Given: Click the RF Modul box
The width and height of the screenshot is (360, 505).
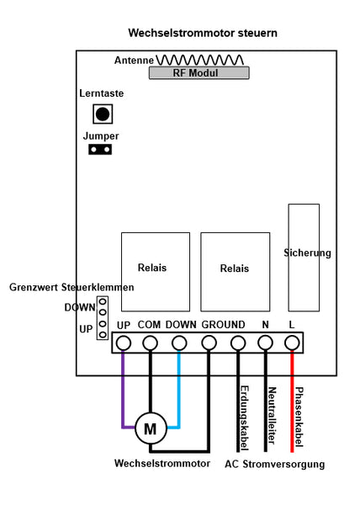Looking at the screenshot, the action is [x=199, y=72].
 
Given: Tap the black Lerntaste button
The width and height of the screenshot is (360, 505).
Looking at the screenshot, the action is [x=103, y=114].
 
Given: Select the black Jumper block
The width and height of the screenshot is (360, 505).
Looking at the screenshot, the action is [x=100, y=150].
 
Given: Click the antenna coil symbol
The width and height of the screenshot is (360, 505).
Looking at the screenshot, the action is [x=200, y=60].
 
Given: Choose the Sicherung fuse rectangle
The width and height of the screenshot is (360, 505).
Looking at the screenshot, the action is [x=304, y=258].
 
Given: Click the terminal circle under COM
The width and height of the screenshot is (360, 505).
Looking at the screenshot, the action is [x=150, y=343].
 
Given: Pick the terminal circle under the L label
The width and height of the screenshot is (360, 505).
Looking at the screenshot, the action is [x=292, y=343].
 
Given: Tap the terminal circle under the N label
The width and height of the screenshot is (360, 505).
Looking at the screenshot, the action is [x=266, y=343].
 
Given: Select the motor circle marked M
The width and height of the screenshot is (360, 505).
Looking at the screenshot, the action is [x=151, y=428].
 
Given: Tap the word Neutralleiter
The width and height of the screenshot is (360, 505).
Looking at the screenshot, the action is [x=273, y=416].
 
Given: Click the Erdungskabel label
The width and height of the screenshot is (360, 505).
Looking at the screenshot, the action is [x=245, y=418].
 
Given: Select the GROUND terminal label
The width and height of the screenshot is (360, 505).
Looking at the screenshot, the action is [x=223, y=325].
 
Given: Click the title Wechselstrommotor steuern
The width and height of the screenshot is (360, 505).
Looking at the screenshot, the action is [x=203, y=33].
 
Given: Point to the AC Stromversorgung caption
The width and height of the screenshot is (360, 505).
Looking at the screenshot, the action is [x=275, y=464].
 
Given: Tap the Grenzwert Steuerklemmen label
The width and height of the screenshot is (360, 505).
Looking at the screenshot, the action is [x=71, y=287].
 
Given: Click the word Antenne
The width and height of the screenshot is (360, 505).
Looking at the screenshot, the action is [x=134, y=61].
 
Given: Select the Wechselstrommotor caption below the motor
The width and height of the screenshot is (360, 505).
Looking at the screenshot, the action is [x=162, y=463].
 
